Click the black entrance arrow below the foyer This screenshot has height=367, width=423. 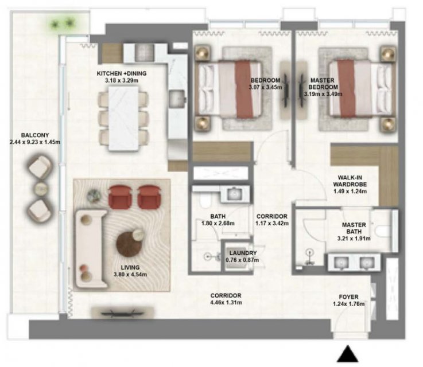348,354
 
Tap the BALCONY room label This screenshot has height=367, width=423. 35,135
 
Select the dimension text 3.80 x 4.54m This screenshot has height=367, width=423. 130,275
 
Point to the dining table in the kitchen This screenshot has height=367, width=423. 123,118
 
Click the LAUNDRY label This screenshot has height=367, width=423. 243,253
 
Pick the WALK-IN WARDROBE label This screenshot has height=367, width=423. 350,181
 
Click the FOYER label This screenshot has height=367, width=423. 348,297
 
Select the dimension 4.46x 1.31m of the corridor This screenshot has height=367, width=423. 226,303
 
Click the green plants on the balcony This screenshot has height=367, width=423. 63,24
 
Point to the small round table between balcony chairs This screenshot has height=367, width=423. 41,189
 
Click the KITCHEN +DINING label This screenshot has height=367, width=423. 122,73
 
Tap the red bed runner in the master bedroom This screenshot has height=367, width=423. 346,89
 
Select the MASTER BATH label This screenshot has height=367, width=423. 354,228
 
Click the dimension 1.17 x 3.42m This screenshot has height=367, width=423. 272,223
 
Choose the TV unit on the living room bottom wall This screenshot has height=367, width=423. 123,313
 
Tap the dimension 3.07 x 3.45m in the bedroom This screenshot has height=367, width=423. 265,87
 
